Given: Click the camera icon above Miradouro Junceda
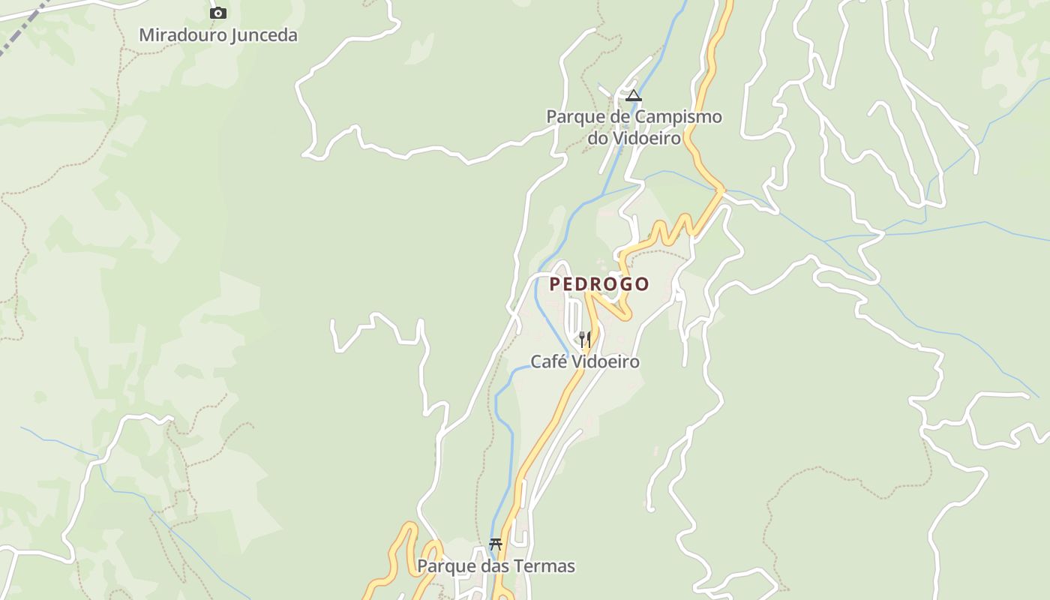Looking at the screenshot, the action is [218, 13].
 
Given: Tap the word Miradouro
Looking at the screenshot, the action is [182, 34].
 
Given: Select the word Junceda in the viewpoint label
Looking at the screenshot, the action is [263, 34].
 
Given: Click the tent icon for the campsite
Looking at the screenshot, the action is [634, 95].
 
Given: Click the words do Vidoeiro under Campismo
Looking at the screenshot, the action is [634, 138].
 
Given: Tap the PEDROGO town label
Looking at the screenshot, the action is [599, 284].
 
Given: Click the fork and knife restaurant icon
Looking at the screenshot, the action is [585, 340].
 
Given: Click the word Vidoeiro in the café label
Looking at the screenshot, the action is [606, 361].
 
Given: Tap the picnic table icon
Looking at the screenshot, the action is [495, 544].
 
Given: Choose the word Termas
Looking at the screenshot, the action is [545, 565].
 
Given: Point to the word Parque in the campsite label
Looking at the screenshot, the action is [574, 117].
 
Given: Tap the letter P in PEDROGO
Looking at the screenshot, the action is [555, 284].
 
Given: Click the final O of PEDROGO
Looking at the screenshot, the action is [642, 284].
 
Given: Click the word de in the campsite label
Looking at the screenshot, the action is [619, 117].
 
